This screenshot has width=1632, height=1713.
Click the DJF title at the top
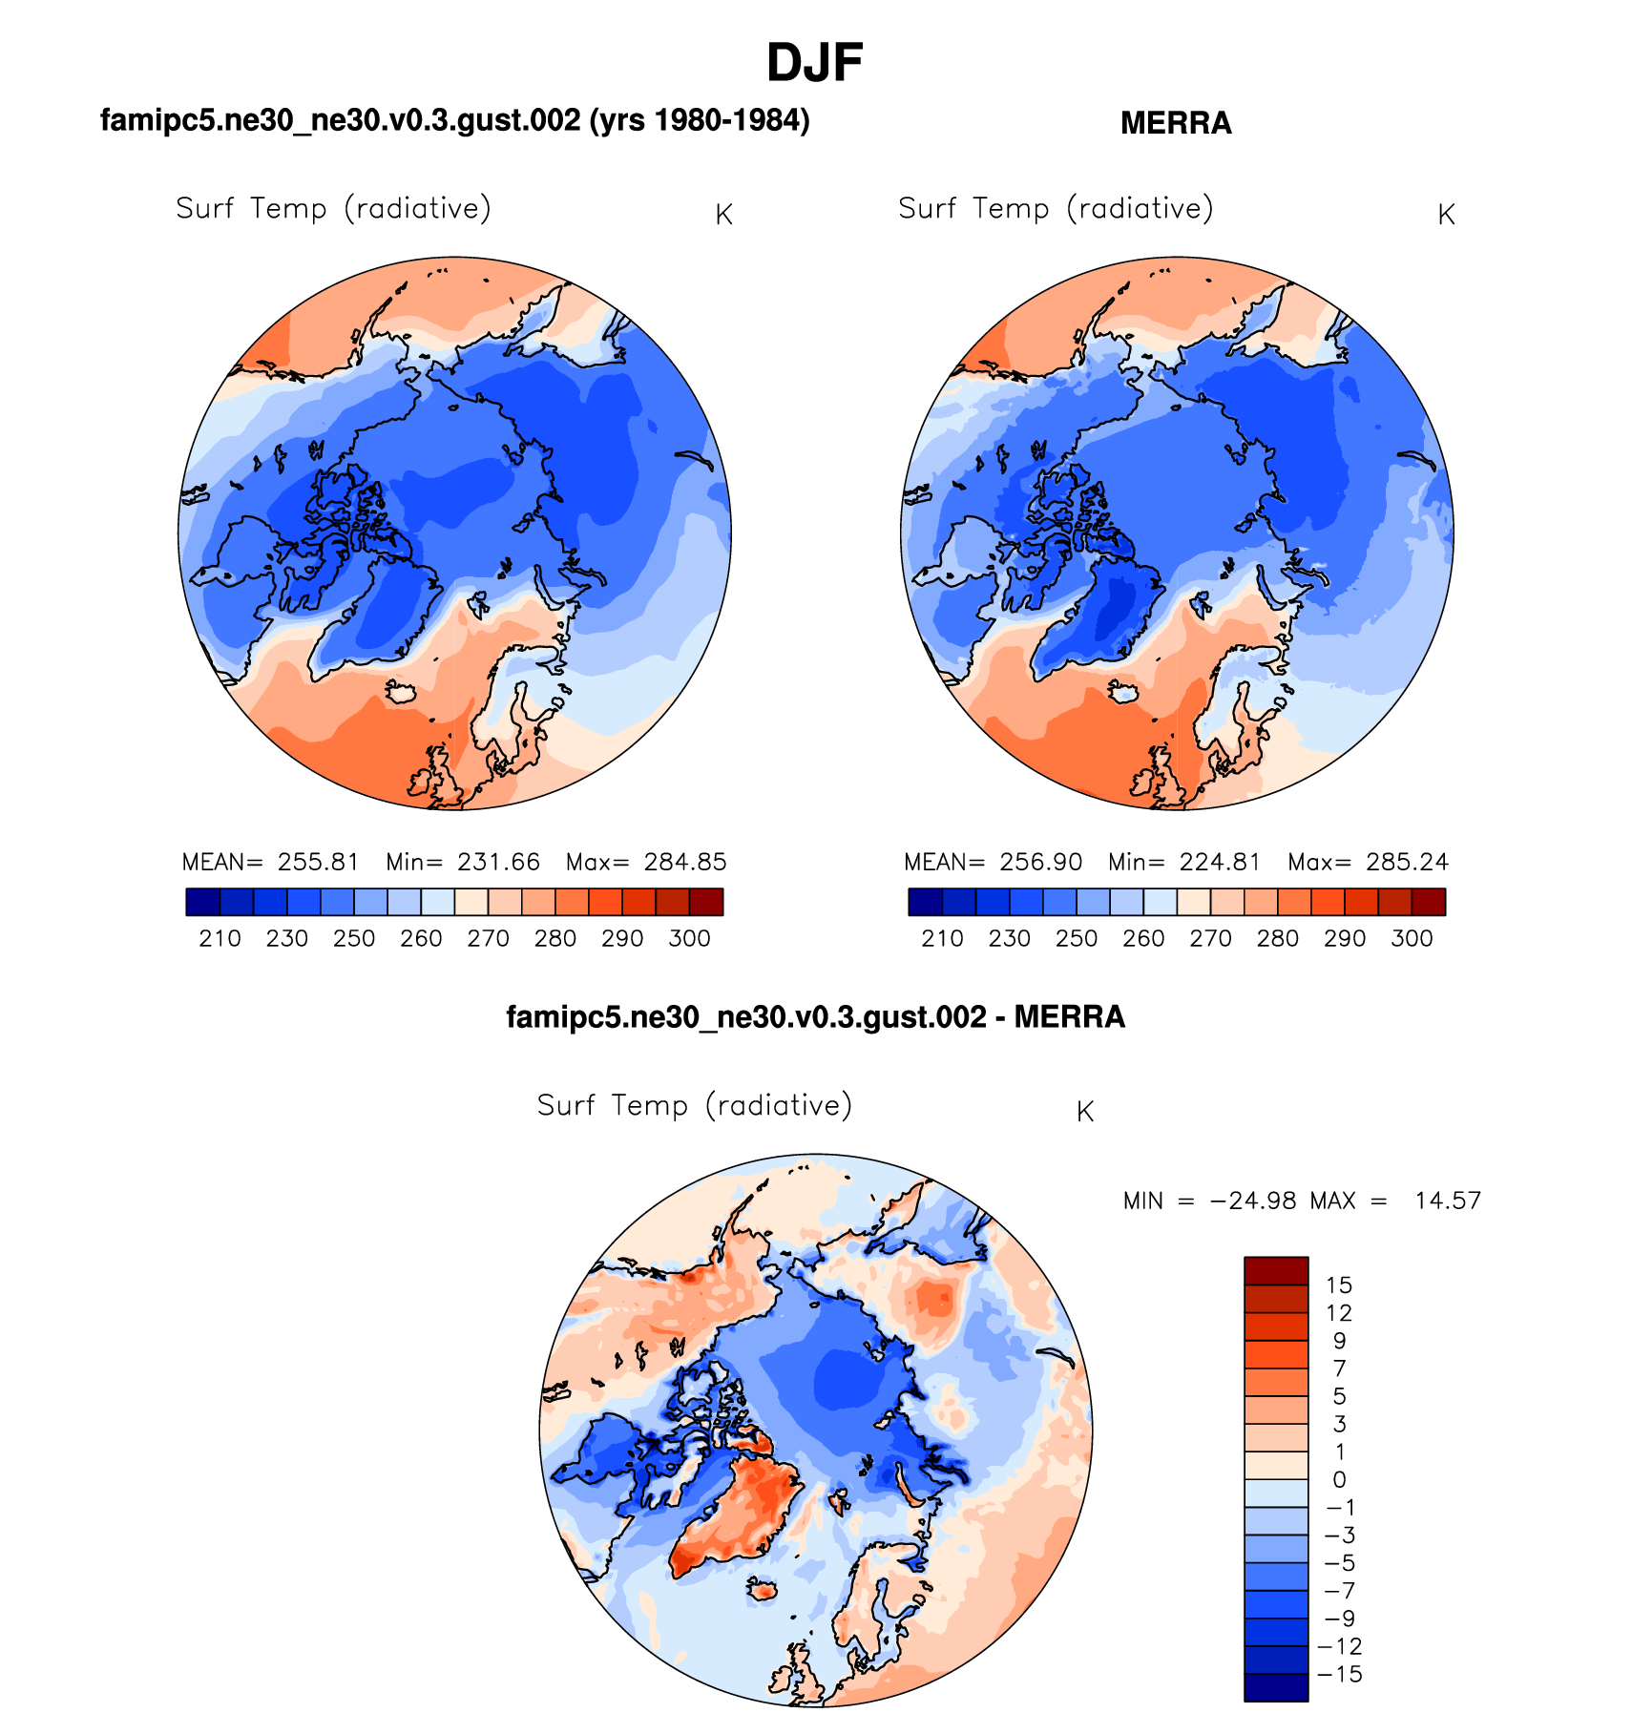pos(814,64)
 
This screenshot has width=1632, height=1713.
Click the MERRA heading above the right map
pos(1175,123)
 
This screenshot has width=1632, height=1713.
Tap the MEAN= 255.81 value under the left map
pos(271,862)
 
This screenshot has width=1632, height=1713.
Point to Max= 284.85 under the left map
pos(646,862)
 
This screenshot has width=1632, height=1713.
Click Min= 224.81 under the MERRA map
pos(1183,862)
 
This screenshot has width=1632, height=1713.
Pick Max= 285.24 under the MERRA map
pos(1368,862)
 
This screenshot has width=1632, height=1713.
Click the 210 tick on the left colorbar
pos(220,938)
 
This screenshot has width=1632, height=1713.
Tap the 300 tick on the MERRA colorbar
pos(1412,938)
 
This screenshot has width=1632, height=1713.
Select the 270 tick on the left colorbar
pos(488,938)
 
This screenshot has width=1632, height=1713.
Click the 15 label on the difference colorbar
pos(1338,1285)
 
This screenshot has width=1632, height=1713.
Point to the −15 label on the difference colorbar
pos(1338,1674)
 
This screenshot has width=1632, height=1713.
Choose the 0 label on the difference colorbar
pos(1339,1479)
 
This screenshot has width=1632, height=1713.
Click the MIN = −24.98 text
pos(1209,1201)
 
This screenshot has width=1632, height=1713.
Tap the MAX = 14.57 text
pos(1395,1201)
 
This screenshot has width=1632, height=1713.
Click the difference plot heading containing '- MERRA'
pos(815,1017)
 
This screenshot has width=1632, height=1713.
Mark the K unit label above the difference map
pos(1084,1112)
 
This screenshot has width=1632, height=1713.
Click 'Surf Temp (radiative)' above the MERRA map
pos(1056,208)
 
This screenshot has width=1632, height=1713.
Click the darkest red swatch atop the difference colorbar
pos(1275,1271)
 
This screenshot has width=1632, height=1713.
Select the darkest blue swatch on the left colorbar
pos(202,902)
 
